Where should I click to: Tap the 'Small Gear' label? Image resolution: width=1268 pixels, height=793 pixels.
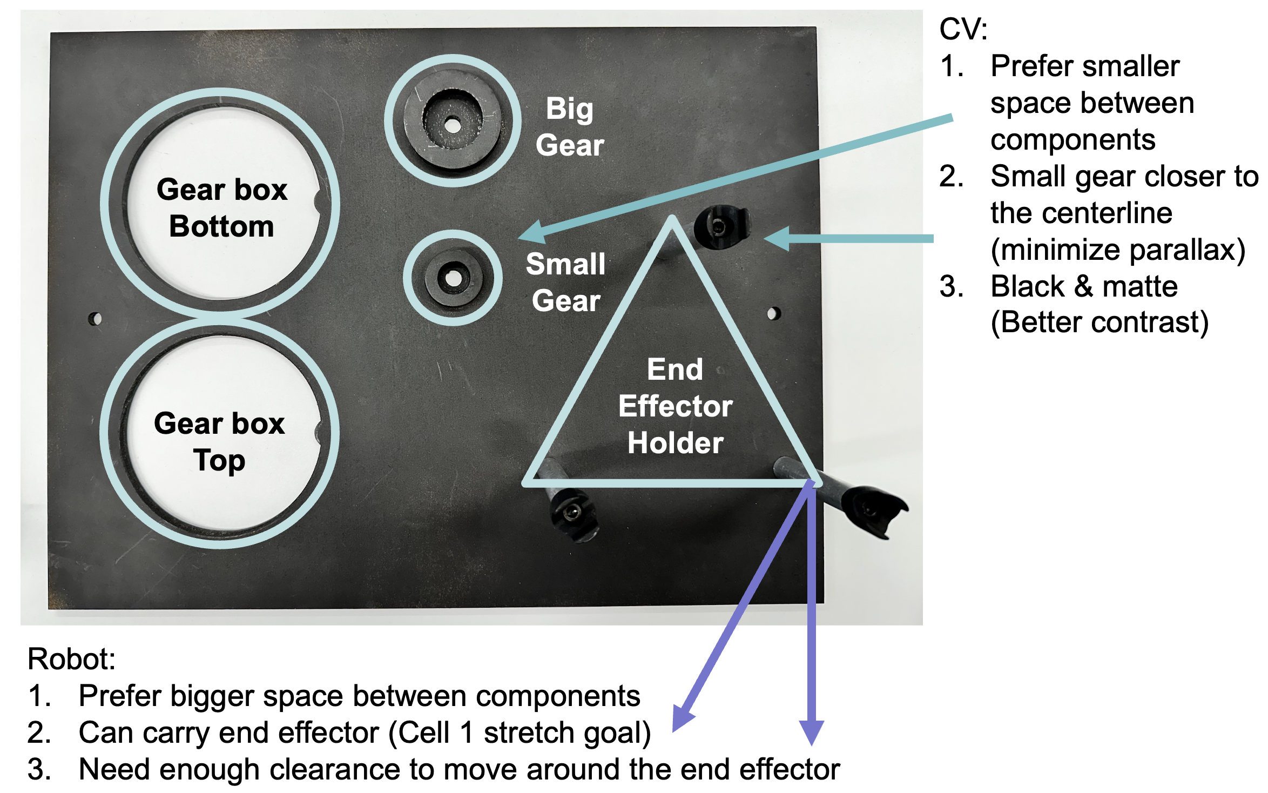[566, 282]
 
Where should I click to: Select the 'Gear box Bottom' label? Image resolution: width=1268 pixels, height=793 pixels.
[221, 208]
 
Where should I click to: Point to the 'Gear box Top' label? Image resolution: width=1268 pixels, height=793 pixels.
[219, 441]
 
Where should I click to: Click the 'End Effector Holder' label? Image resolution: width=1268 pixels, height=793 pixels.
[675, 406]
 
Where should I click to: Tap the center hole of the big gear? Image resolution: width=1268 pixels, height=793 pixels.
[453, 126]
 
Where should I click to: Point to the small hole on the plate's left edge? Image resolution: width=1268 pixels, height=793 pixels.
[96, 319]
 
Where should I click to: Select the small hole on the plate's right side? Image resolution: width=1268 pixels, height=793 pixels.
[773, 313]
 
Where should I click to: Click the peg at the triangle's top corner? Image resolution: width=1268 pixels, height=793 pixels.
[720, 227]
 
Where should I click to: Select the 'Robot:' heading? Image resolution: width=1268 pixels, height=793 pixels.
[71, 659]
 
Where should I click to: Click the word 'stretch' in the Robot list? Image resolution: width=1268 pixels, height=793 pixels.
[528, 733]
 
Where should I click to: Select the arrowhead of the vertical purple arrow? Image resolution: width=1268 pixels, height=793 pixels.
[811, 732]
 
